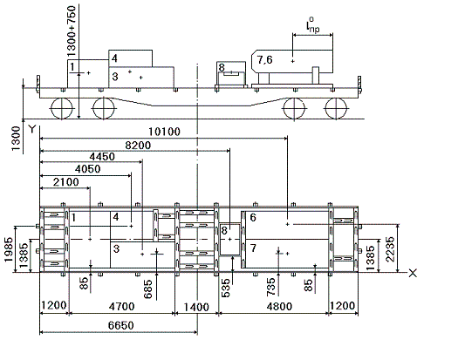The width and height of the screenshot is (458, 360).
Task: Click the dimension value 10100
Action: tap(165, 132)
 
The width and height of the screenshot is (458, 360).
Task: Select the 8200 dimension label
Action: tap(138, 145)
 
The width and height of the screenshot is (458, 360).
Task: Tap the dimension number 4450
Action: tap(102, 157)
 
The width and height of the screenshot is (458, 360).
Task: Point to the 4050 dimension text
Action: tap(87, 169)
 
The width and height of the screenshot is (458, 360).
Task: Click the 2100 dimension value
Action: tap(66, 182)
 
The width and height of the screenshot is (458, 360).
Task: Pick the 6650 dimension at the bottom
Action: tap(121, 325)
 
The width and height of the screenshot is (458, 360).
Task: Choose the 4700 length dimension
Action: tap(122, 307)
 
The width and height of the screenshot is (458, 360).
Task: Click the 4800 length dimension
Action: tap(279, 307)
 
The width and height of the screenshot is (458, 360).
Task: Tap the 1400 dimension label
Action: tap(196, 307)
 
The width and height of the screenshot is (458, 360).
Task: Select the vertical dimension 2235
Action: tap(390, 249)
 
